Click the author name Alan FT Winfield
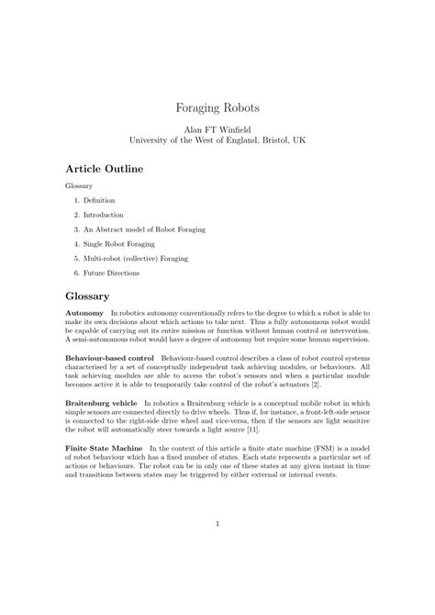pyautogui.click(x=217, y=131)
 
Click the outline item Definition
pyautogui.click(x=100, y=199)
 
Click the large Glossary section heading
pyautogui.click(x=88, y=296)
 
